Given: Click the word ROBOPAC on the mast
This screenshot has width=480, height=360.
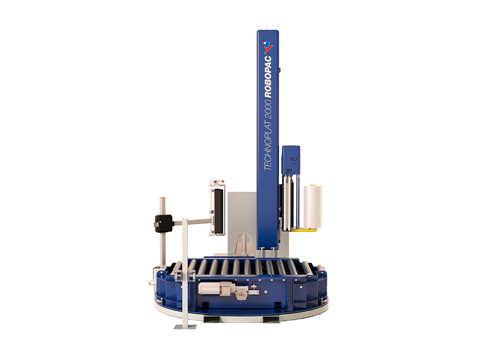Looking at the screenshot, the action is (x=268, y=77).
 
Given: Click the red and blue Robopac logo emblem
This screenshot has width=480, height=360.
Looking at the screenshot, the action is (x=268, y=47).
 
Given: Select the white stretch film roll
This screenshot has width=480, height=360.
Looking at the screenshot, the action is (x=313, y=206).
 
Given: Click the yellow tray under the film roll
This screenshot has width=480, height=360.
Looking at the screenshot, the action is (x=303, y=230).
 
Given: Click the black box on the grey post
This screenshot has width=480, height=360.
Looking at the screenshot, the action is (x=164, y=223).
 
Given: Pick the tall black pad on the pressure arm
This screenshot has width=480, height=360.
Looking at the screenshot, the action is (x=218, y=211).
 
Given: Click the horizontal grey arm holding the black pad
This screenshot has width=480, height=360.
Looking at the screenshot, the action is (x=192, y=221).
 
